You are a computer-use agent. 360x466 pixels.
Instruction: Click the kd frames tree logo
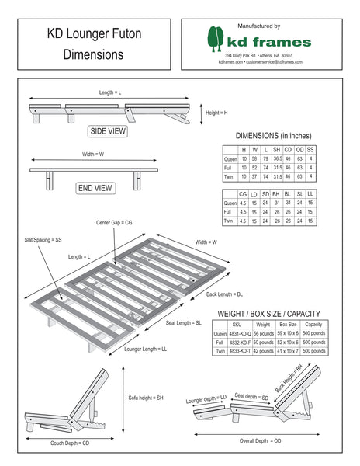(x=216, y=40)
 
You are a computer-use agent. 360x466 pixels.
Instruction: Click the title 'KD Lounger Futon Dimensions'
(x=93, y=44)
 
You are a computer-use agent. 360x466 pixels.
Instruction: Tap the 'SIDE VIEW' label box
(x=108, y=130)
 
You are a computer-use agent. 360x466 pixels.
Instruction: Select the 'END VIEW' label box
(x=95, y=188)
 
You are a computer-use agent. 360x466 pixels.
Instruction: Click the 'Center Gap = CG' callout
(x=115, y=222)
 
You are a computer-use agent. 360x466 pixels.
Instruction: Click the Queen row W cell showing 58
(x=254, y=158)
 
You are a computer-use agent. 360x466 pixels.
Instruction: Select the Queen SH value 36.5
(x=277, y=158)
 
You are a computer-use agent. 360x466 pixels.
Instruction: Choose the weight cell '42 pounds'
(x=264, y=351)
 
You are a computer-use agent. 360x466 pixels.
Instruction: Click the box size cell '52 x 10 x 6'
(x=289, y=342)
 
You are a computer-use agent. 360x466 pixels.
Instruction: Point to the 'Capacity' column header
(x=313, y=324)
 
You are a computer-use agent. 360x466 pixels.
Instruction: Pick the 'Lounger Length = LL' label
(x=146, y=349)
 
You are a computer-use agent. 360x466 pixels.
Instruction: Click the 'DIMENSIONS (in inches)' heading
(x=268, y=135)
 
